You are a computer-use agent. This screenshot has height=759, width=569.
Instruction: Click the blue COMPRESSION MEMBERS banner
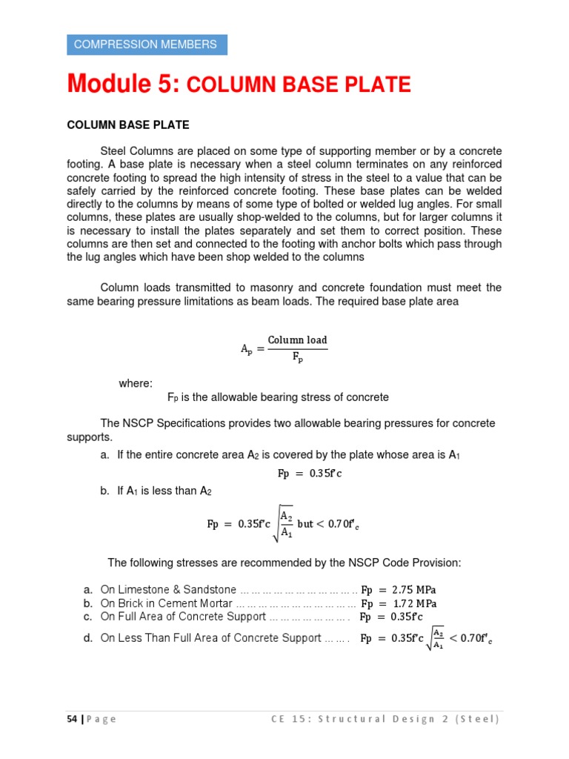(147, 44)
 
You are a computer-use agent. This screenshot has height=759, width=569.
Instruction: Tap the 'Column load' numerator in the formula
(297, 340)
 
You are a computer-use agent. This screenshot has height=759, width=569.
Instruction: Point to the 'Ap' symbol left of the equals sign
(247, 349)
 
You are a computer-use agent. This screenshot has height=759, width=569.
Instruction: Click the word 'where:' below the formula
(136, 383)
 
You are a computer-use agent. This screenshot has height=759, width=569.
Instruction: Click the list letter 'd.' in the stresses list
(87, 637)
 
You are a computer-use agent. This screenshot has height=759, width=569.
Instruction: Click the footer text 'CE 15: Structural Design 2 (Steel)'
(385, 719)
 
